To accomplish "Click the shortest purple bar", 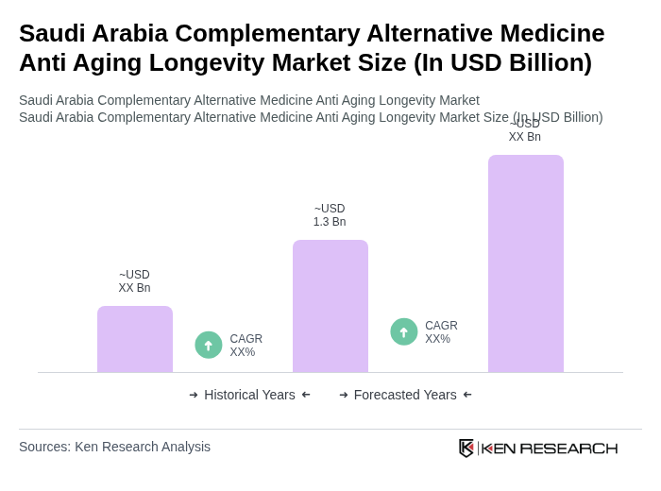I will pyautogui.click(x=135, y=339).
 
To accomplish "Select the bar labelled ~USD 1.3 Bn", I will pyautogui.click(x=330, y=306).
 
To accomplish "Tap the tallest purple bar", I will pyautogui.click(x=526, y=263).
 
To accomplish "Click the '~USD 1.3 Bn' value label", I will pyautogui.click(x=330, y=215).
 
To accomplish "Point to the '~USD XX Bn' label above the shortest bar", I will pyautogui.click(x=134, y=281).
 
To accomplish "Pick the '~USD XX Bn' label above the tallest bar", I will pyautogui.click(x=525, y=131).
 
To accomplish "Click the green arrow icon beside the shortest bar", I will pyautogui.click(x=209, y=345).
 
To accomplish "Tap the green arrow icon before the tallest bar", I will pyautogui.click(x=404, y=331).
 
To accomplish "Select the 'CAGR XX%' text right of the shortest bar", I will pyautogui.click(x=246, y=346).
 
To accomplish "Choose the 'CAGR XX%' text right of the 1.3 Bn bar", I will pyautogui.click(x=441, y=332).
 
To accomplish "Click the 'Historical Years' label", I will pyautogui.click(x=249, y=395).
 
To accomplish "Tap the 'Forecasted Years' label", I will pyautogui.click(x=405, y=395).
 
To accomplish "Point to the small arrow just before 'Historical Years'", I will pyautogui.click(x=194, y=395).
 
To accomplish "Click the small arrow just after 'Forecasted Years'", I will pyautogui.click(x=467, y=395).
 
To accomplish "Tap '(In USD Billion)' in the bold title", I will pyautogui.click(x=503, y=62).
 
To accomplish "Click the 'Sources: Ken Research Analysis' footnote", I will pyautogui.click(x=114, y=447).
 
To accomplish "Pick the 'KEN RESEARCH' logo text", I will pyautogui.click(x=550, y=448).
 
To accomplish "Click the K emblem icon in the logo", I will pyautogui.click(x=466, y=448).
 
